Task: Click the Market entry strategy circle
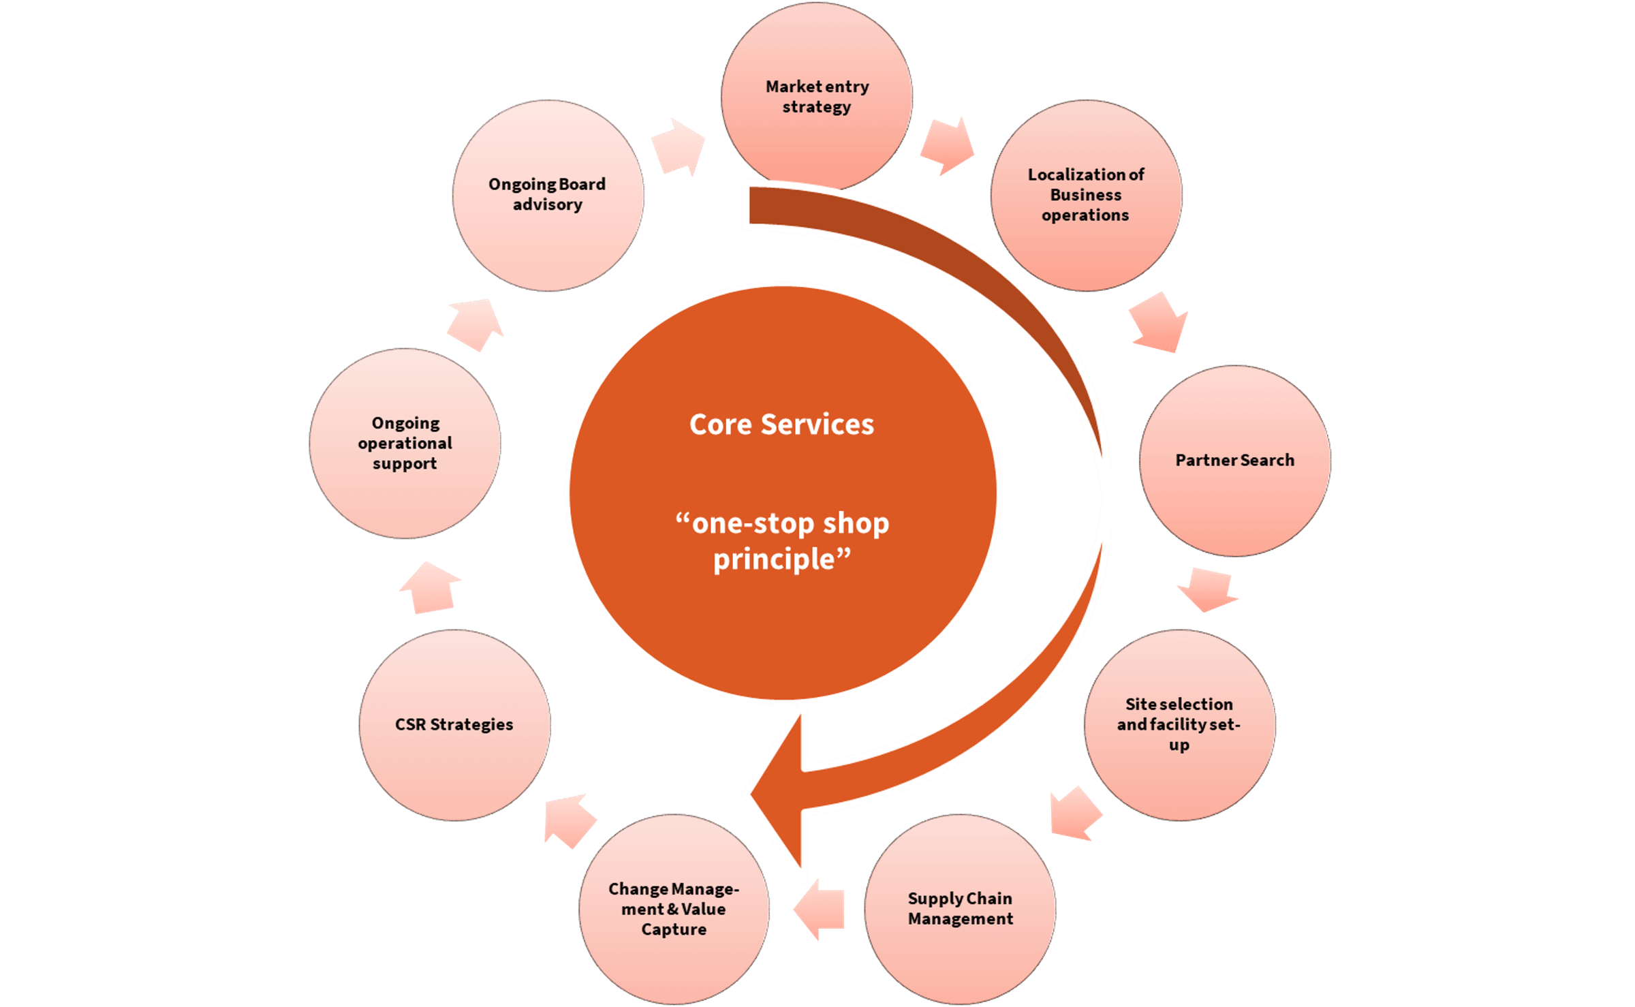pos(816,96)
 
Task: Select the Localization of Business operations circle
pos(1086,196)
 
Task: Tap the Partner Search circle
pos(1234,461)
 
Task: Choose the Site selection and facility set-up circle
pos(1179,724)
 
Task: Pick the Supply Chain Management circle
pos(960,909)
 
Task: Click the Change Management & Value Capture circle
pos(674,909)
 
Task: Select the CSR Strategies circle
pos(454,724)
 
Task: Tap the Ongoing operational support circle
pos(405,444)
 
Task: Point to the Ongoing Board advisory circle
pos(548,196)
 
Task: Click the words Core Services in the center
pos(781,424)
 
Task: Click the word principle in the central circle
pos(774,559)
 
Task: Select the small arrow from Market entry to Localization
pos(947,146)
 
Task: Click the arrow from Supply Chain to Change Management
pos(820,909)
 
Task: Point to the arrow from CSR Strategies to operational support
pos(430,587)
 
